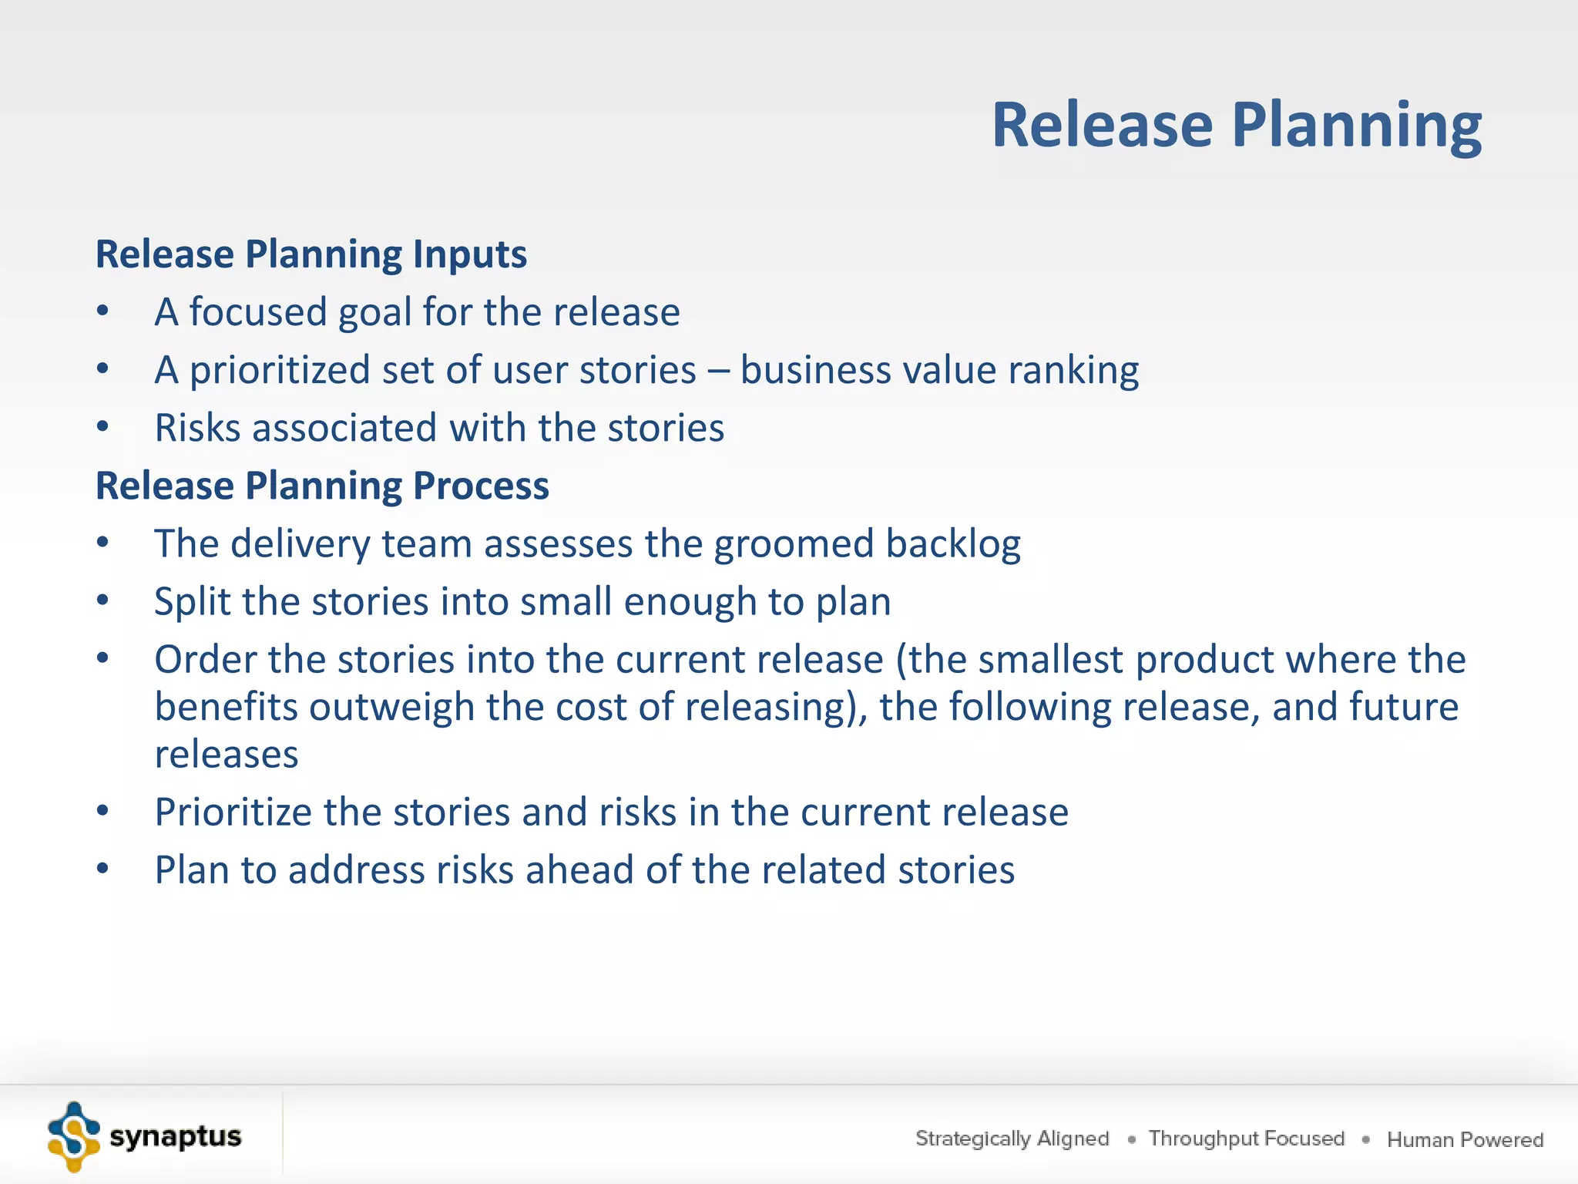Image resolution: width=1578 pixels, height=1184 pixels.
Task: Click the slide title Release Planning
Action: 1236,125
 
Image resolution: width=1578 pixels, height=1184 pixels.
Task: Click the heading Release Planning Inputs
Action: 311,254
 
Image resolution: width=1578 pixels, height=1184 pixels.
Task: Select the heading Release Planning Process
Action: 322,486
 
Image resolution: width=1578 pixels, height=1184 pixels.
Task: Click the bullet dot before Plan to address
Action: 103,869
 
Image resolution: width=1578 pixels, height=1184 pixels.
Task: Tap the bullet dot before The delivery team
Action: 103,543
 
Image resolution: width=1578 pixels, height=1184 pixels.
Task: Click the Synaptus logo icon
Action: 73,1137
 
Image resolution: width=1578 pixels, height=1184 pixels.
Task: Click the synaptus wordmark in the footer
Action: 175,1137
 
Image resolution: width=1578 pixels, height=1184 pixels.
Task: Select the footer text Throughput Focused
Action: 1246,1139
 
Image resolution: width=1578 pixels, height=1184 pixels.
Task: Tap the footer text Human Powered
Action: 1465,1139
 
